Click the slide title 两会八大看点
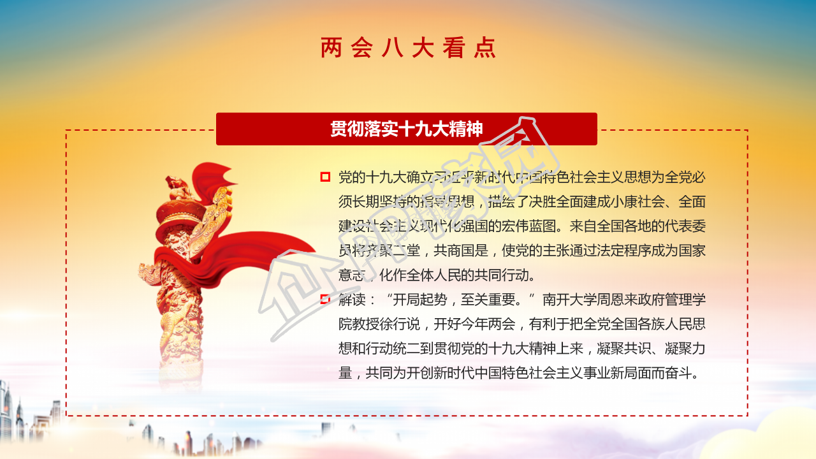point(408,48)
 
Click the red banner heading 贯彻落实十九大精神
point(407,129)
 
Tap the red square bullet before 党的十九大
point(325,177)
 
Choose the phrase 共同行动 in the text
point(507,275)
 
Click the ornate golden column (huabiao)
point(182,293)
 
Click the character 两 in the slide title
point(331,48)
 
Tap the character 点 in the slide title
point(484,48)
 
